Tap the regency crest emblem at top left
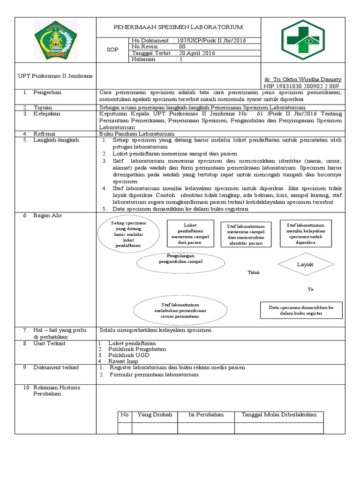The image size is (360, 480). click(x=56, y=40)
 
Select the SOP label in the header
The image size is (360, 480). click(x=113, y=50)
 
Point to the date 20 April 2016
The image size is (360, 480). click(x=196, y=53)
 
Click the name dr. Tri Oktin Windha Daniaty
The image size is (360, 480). click(x=303, y=80)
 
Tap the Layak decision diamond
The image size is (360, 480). click(x=305, y=265)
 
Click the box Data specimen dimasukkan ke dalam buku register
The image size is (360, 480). click(x=301, y=310)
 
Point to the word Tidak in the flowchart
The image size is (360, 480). click(x=254, y=272)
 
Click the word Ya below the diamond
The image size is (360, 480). click(x=310, y=289)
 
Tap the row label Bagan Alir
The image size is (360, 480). click(x=47, y=215)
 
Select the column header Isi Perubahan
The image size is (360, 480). click(x=206, y=415)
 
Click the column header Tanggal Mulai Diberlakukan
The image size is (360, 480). click(x=279, y=415)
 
